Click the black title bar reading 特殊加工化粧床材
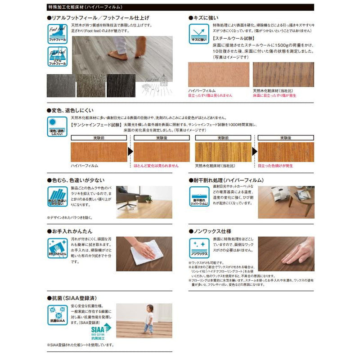pos(180,8)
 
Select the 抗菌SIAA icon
pos(57,315)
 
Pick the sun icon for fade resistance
pos(57,126)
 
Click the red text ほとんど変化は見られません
pos(156,166)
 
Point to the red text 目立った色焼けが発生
pos(275,166)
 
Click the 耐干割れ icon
pos(198,196)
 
